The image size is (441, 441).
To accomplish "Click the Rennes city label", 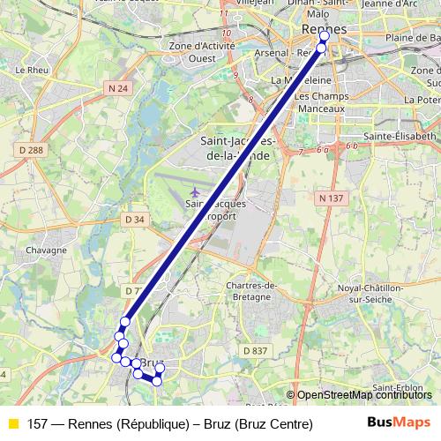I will coord(323,29).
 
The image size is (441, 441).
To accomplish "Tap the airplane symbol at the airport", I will coord(194,191).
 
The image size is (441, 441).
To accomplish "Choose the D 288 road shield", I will coord(31,151).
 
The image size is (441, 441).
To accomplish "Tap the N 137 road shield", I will coord(331,198).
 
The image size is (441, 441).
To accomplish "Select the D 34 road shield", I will coord(135,219).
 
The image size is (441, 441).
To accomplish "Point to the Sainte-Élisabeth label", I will coord(401,137).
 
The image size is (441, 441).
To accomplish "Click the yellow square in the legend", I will coord(11,424).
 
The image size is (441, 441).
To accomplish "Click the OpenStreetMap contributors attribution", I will coord(364,395).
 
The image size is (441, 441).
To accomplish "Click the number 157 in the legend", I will coord(37,424).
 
